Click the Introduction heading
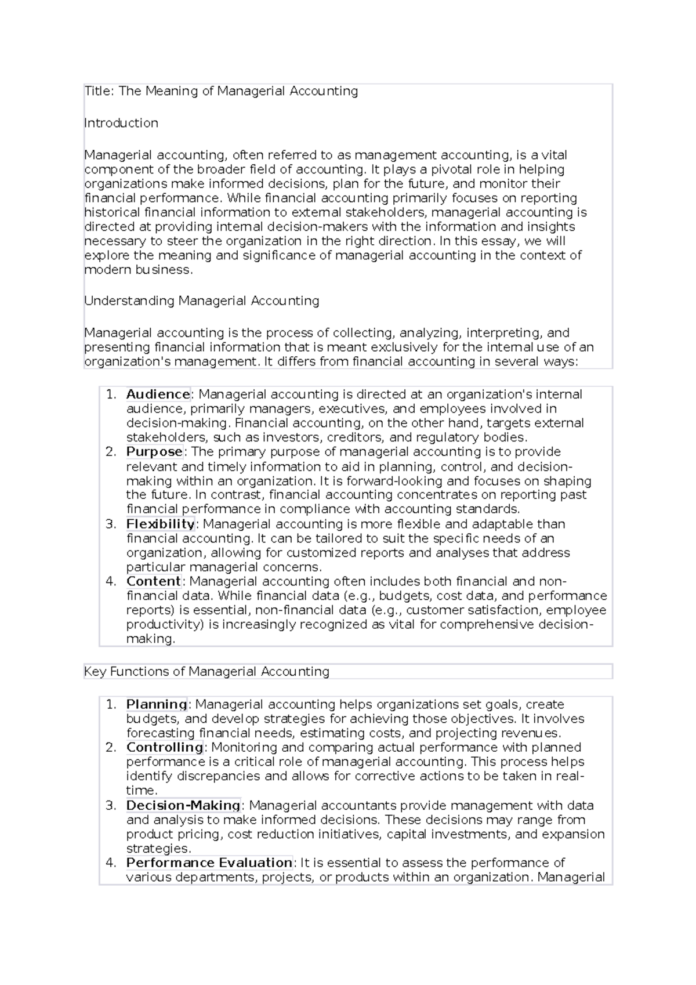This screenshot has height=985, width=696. [x=121, y=123]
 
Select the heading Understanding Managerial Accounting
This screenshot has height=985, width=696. [x=201, y=301]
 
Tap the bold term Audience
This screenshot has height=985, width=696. [x=158, y=394]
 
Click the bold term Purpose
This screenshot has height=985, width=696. [x=154, y=452]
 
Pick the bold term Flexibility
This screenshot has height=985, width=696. [x=160, y=524]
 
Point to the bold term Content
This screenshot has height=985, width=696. [x=154, y=581]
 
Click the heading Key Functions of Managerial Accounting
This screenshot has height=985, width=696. [x=206, y=672]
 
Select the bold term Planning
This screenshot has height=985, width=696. [x=157, y=705]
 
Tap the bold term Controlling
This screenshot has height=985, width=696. [x=164, y=748]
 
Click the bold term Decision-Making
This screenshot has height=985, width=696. [x=183, y=806]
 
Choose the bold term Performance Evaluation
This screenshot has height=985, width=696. [x=209, y=863]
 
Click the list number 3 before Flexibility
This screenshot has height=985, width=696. [x=111, y=524]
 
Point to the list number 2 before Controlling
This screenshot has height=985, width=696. [x=111, y=748]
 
